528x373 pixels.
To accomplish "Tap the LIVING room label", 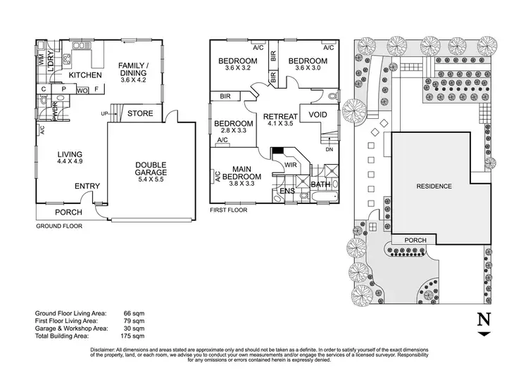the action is (70, 154).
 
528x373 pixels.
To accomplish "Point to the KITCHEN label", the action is (85, 75).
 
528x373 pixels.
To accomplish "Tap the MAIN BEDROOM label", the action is (241, 172).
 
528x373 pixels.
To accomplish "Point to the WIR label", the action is (289, 165).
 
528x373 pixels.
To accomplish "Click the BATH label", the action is (320, 185).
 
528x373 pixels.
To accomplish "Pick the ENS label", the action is (287, 191).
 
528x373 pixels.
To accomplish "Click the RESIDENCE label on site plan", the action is (434, 186).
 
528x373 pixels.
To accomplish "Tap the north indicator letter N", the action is (484, 318).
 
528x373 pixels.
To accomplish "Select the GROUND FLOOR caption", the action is (59, 227).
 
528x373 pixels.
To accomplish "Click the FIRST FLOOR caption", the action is (229, 210).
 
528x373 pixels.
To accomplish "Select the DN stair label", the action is (329, 149).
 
